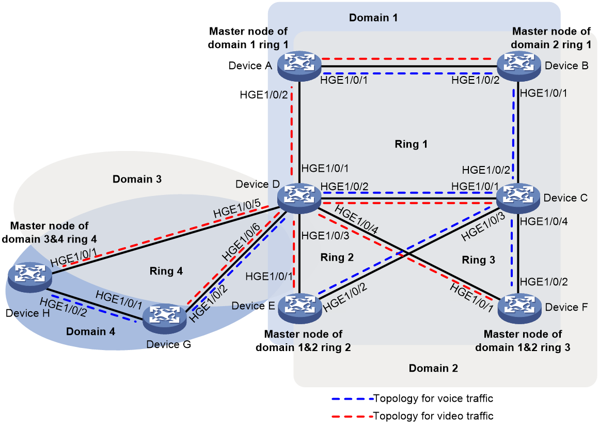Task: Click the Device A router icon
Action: pyautogui.click(x=299, y=66)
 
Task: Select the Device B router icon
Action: pyautogui.click(x=518, y=66)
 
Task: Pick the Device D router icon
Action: pyautogui.click(x=299, y=198)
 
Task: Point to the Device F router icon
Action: pyautogui.click(x=519, y=308)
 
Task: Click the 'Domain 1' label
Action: pyautogui.click(x=373, y=18)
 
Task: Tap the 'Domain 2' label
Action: pyautogui.click(x=433, y=368)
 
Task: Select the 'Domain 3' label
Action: pyautogui.click(x=137, y=179)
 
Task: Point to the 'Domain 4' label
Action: pyautogui.click(x=90, y=331)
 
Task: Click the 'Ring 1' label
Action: pyautogui.click(x=411, y=144)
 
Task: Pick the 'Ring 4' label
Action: pyautogui.click(x=166, y=271)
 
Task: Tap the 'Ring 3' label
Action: pyautogui.click(x=478, y=260)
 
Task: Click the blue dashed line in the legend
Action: pyautogui.click(x=352, y=399)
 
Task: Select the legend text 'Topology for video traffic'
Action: pyautogui.click(x=433, y=416)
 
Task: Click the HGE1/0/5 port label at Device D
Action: pyautogui.click(x=237, y=208)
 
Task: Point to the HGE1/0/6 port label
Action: pyautogui.click(x=241, y=242)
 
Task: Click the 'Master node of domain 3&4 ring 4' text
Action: pyautogui.click(x=49, y=233)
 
